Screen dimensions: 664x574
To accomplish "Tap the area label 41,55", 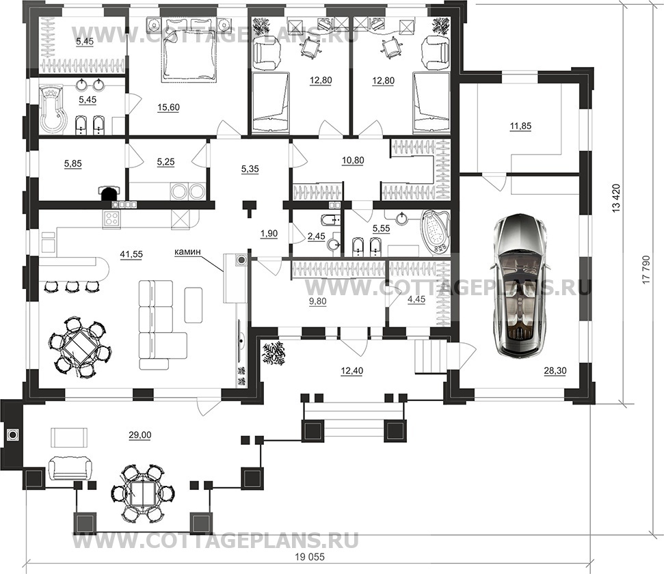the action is click(132, 254).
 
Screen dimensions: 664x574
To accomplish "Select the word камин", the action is click(187, 252).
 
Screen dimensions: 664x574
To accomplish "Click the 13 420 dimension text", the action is click(615, 197).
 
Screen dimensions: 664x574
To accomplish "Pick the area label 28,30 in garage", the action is click(555, 371).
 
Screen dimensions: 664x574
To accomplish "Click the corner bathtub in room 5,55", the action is click(436, 232).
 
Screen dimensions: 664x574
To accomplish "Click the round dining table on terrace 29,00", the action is click(143, 493).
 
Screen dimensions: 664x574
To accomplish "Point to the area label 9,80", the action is click(317, 301).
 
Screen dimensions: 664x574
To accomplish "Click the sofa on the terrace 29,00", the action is click(70, 469).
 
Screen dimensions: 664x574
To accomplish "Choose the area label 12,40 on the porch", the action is click(352, 371).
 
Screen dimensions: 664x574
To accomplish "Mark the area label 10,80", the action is click(353, 161).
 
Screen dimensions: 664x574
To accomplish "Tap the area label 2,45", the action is click(317, 236).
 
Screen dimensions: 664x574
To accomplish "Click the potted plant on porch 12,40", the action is click(276, 354).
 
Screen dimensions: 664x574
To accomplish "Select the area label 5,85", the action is click(73, 163).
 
